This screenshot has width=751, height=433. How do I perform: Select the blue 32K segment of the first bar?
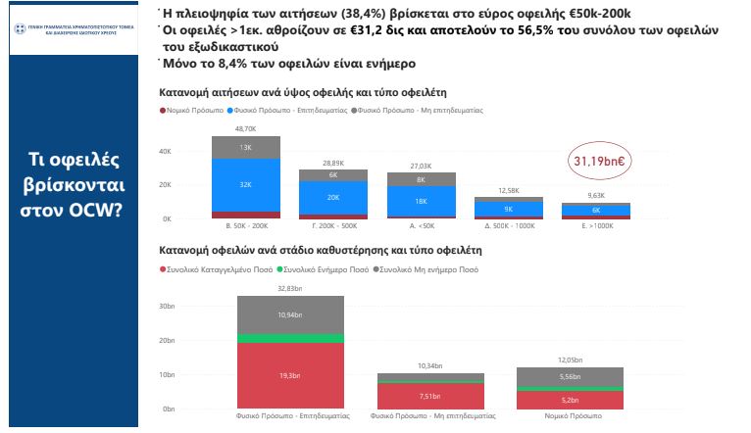[246, 184]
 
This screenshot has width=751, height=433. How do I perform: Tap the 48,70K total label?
[246, 128]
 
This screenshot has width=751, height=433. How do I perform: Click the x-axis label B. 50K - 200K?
[246, 226]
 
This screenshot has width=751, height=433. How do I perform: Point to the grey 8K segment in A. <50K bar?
[421, 179]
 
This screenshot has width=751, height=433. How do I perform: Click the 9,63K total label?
[596, 195]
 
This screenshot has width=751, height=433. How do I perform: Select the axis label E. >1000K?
[596, 226]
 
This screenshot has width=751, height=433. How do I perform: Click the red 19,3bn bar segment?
[290, 375]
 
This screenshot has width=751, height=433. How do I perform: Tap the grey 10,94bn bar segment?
[290, 314]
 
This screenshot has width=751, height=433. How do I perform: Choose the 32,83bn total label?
[290, 288]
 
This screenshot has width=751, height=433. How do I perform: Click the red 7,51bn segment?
[430, 397]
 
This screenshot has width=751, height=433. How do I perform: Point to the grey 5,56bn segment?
[570, 376]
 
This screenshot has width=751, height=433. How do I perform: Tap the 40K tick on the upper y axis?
[166, 151]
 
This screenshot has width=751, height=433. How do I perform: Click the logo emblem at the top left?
[17, 31]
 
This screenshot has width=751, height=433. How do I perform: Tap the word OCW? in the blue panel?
[93, 209]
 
